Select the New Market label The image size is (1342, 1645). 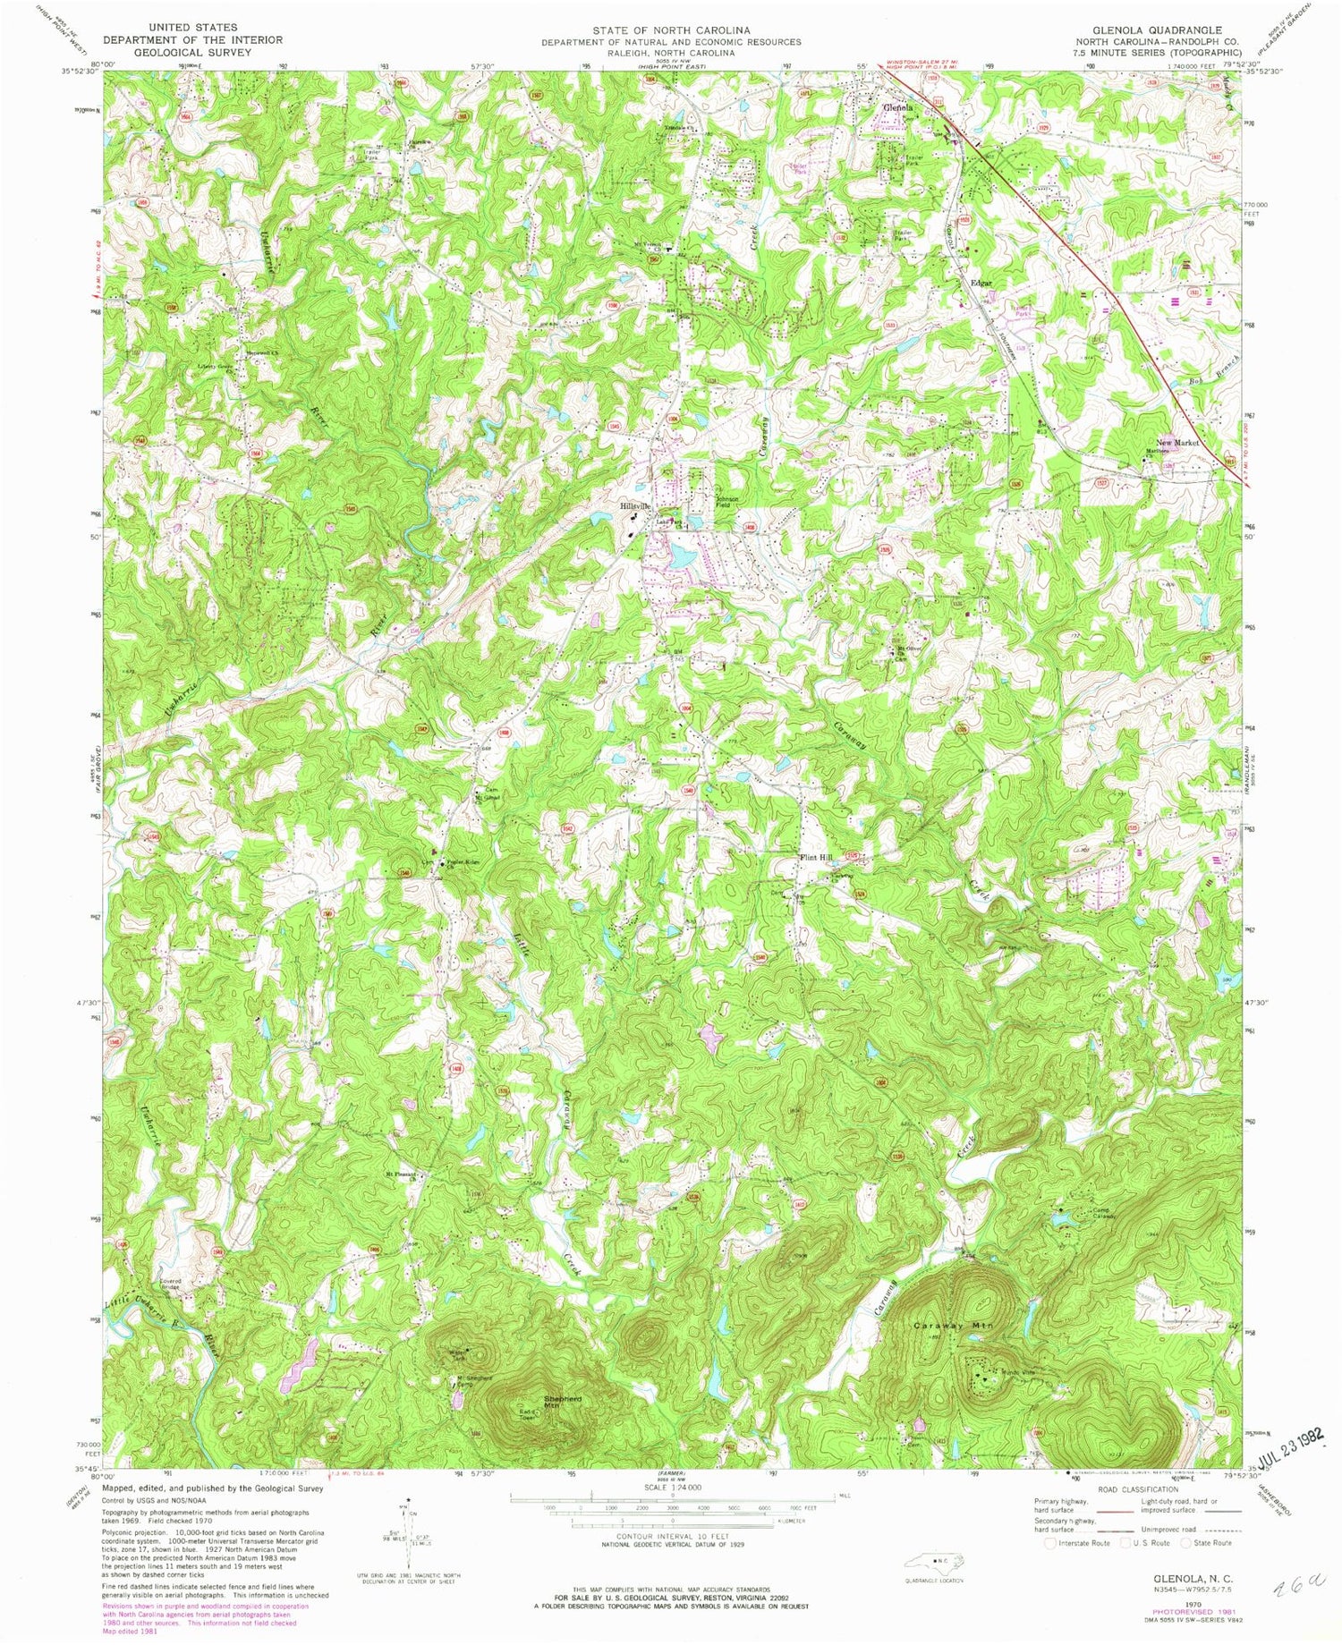[1177, 443]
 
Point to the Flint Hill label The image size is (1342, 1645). [815, 857]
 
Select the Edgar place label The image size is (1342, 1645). [982, 284]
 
